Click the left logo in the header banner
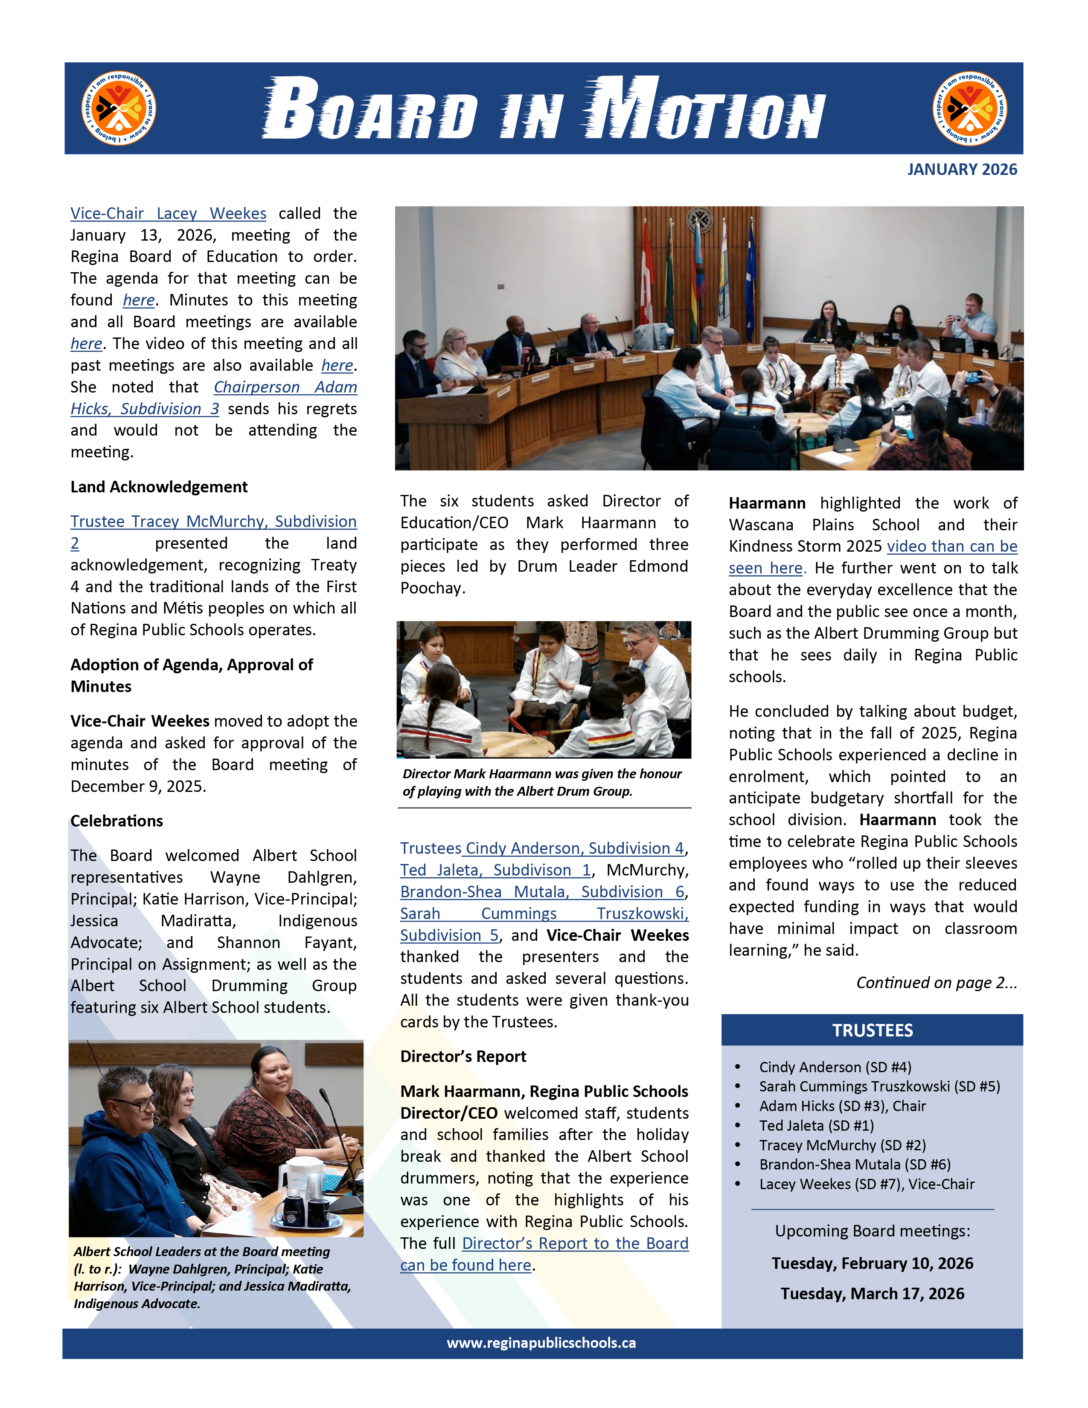[x=119, y=108]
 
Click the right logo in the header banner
[x=969, y=108]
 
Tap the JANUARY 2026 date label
[x=962, y=169]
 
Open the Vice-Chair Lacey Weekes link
[x=168, y=213]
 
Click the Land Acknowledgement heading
[x=159, y=487]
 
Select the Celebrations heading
[x=116, y=820]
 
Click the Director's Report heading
[x=463, y=1056]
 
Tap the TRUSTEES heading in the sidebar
[x=872, y=1030]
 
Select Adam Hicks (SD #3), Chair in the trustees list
[x=842, y=1106]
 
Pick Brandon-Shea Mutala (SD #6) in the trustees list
[x=854, y=1164]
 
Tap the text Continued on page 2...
[x=936, y=983]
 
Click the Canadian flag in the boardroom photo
[x=646, y=271]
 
